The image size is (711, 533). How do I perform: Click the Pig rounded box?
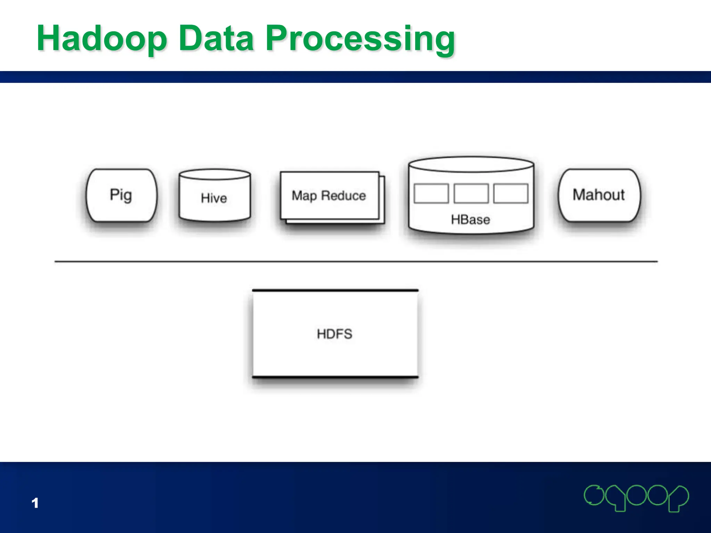pos(121,195)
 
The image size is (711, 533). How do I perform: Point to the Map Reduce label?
pos(328,196)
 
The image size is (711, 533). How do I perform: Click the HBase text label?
pos(470,220)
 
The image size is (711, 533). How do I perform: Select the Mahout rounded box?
pos(599,195)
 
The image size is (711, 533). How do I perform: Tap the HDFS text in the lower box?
pos(335,334)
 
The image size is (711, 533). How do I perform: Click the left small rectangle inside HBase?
pos(431,194)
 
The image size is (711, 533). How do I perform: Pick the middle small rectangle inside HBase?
pos(471,194)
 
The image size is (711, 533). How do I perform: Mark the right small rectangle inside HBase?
pos(511,194)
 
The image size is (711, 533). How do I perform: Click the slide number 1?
pos(35,503)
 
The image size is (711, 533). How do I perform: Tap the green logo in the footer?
pos(636,498)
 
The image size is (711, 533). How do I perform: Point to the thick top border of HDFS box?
pos(335,290)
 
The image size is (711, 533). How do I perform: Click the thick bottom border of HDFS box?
pos(335,377)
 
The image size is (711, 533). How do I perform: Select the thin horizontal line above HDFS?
pos(356,261)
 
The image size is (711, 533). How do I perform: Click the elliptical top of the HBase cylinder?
pos(471,164)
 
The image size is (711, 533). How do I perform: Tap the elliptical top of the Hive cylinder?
pos(215,174)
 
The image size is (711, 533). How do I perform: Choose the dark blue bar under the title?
pos(355,77)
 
